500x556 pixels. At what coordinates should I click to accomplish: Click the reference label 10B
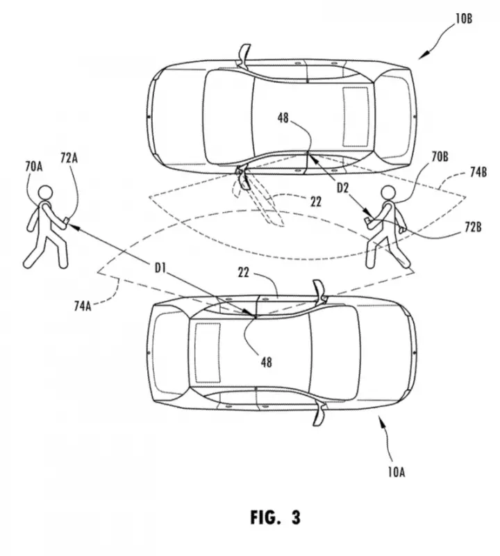pos(463,18)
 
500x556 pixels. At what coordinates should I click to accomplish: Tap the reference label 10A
pos(396,472)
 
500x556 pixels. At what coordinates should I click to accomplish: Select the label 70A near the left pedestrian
pos(33,166)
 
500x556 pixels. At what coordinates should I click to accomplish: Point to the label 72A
pos(69,158)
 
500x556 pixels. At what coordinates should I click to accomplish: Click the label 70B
pos(440,156)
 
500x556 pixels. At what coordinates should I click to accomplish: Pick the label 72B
pos(473,227)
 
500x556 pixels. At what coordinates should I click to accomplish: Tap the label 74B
pos(478,172)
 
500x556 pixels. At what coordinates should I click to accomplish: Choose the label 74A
pos(83,305)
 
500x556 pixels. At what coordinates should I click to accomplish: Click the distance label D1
pos(160,268)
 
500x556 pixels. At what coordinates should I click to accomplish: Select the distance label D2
pos(342,188)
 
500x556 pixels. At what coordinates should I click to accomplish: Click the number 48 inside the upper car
pos(283,117)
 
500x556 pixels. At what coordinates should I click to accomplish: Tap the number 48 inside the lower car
pos(267,362)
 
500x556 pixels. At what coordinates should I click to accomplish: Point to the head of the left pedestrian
pos(45,193)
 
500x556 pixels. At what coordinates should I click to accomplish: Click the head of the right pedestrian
pos(387,193)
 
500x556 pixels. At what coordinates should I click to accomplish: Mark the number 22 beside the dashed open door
pos(316,202)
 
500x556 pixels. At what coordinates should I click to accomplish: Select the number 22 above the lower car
pos(244,272)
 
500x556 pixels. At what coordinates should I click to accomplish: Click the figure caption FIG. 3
pos(275,517)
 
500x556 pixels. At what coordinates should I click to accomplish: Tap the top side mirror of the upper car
pos(244,55)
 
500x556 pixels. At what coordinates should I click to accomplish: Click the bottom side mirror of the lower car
pos(319,414)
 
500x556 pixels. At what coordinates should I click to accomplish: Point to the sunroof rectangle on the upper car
pos(356,116)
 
